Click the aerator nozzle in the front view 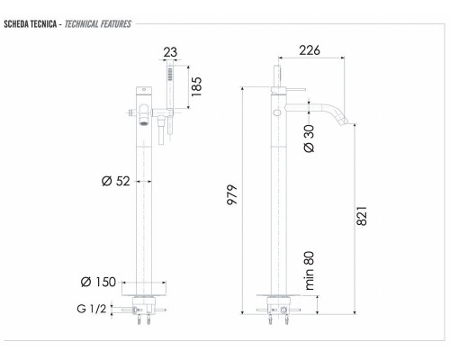[x=143, y=114]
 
